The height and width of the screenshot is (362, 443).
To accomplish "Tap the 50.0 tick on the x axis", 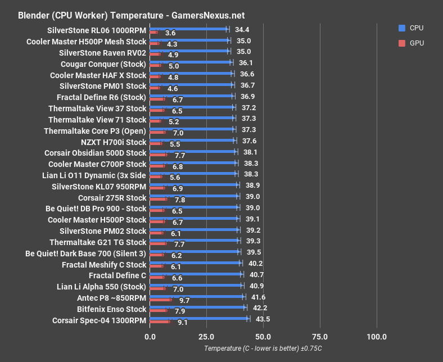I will coord(263,337).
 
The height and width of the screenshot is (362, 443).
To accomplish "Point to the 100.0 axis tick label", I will coord(376,337).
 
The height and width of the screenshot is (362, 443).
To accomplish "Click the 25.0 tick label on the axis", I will coord(206,337).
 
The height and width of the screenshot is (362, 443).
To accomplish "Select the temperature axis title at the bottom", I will coord(263,349).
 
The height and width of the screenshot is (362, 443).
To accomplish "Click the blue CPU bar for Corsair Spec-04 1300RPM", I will coord(199,318).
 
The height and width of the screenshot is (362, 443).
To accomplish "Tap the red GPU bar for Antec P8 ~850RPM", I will coord(161,300).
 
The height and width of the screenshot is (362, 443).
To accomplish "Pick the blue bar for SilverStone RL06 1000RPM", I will coord(189,29).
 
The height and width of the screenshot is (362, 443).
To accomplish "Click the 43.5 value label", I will coord(263,319).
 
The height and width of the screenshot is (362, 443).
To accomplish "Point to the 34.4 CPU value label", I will coord(242,29).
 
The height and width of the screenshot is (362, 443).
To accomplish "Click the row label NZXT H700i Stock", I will coord(113,142).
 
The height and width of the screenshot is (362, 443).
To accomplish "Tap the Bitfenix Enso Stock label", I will coord(111,309).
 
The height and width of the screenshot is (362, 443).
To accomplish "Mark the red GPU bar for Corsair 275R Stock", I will coord(159,200).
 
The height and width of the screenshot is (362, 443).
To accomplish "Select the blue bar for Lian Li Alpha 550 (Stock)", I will coord(196,285).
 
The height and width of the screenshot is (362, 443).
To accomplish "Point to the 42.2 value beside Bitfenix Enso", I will coord(260,307).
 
